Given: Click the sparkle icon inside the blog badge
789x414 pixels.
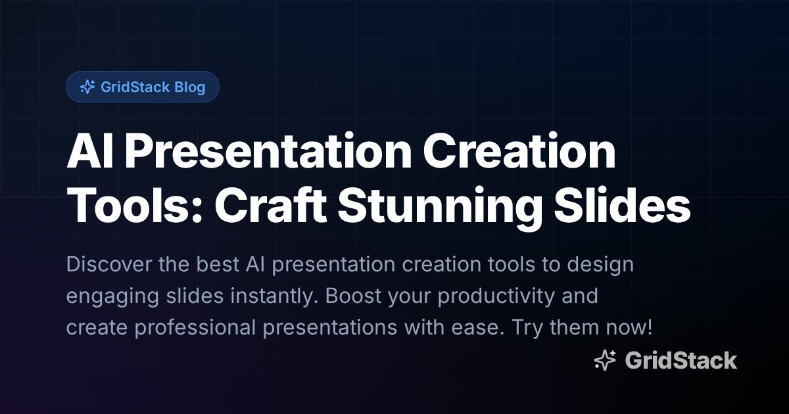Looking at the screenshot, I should coord(87,87).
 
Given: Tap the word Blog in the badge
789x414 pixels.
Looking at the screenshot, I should coord(190,87).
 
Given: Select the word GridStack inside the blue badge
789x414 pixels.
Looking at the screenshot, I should coord(135,87).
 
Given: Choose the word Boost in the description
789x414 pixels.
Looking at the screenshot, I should coord(353,296).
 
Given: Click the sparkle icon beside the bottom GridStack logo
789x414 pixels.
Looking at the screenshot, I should coord(604,360).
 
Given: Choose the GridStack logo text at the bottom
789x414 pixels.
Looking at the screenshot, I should coord(681,360).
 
